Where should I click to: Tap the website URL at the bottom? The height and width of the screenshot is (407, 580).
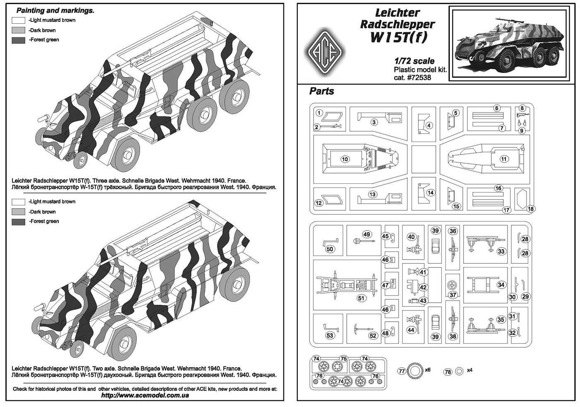(145, 395)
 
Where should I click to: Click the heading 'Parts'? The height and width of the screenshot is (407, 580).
(321, 91)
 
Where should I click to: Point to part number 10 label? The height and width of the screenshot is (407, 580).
(345, 159)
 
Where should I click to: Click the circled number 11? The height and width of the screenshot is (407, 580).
(504, 159)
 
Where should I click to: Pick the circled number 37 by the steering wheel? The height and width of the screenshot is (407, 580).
(453, 295)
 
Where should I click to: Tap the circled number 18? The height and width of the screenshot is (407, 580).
(531, 209)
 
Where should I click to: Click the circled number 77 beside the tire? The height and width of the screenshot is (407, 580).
(401, 371)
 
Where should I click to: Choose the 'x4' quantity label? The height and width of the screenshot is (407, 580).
(469, 370)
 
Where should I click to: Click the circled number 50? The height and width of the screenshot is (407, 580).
(330, 249)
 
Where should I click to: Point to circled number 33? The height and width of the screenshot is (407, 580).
(501, 251)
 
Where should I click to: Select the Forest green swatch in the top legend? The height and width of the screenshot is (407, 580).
(19, 40)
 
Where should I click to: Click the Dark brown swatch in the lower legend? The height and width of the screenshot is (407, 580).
(19, 212)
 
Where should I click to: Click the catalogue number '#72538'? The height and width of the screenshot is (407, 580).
(417, 77)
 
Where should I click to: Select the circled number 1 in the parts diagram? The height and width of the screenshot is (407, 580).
(319, 113)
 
